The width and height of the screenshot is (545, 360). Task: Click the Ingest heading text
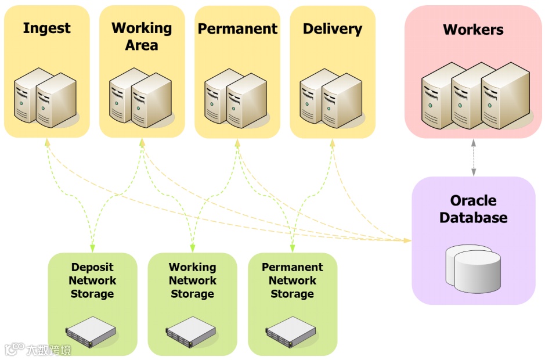(x=46, y=28)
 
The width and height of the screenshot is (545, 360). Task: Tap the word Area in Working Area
(x=142, y=45)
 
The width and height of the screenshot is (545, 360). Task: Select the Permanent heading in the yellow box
(x=237, y=28)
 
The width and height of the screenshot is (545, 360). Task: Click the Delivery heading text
(x=333, y=29)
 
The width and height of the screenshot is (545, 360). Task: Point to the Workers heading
(x=473, y=30)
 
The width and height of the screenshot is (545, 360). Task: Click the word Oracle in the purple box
(x=474, y=200)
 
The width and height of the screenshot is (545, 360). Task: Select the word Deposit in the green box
(x=92, y=267)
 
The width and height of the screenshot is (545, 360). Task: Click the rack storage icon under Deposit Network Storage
(x=91, y=332)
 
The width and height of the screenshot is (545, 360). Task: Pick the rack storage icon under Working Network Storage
(x=191, y=332)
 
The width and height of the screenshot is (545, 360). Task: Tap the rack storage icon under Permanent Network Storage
(x=291, y=332)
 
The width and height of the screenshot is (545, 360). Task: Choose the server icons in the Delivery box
(x=331, y=98)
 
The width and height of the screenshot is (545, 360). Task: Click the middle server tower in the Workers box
(x=474, y=96)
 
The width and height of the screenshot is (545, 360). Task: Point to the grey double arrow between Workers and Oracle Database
(x=474, y=157)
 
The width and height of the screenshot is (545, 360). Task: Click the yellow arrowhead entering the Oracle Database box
(x=407, y=240)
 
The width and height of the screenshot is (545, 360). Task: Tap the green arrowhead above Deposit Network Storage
(x=92, y=248)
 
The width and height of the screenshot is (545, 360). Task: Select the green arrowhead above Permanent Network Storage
(x=293, y=248)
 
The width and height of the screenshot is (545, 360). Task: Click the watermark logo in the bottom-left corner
(x=38, y=349)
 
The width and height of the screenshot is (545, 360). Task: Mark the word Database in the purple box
(x=474, y=217)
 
